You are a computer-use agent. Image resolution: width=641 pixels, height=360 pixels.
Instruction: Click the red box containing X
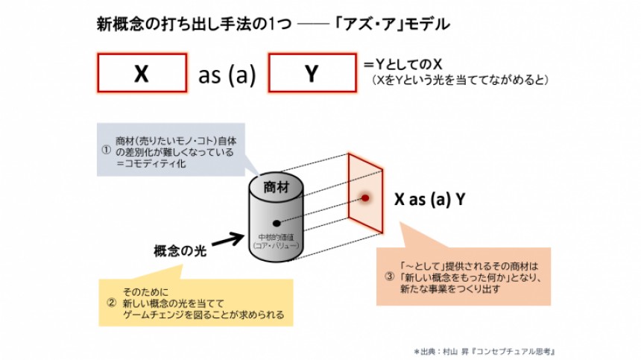pyautogui.click(x=142, y=74)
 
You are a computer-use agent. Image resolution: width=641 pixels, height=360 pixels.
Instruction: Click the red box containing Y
pyautogui.click(x=312, y=74)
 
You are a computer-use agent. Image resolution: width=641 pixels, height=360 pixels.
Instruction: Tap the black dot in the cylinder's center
pyautogui.click(x=277, y=223)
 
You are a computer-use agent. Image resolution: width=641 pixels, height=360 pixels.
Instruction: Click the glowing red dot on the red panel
pyautogui.click(x=366, y=198)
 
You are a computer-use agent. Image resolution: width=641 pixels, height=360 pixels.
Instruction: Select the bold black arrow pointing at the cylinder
pyautogui.click(x=229, y=239)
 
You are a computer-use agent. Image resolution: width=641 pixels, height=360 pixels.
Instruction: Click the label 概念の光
pyautogui.click(x=180, y=250)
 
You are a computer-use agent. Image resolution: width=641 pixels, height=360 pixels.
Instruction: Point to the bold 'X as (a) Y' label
pyautogui.click(x=430, y=199)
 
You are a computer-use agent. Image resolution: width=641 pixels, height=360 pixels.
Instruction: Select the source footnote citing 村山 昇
pyautogui.click(x=484, y=350)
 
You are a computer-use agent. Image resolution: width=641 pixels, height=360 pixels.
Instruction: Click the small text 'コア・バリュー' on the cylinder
pyautogui.click(x=277, y=244)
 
